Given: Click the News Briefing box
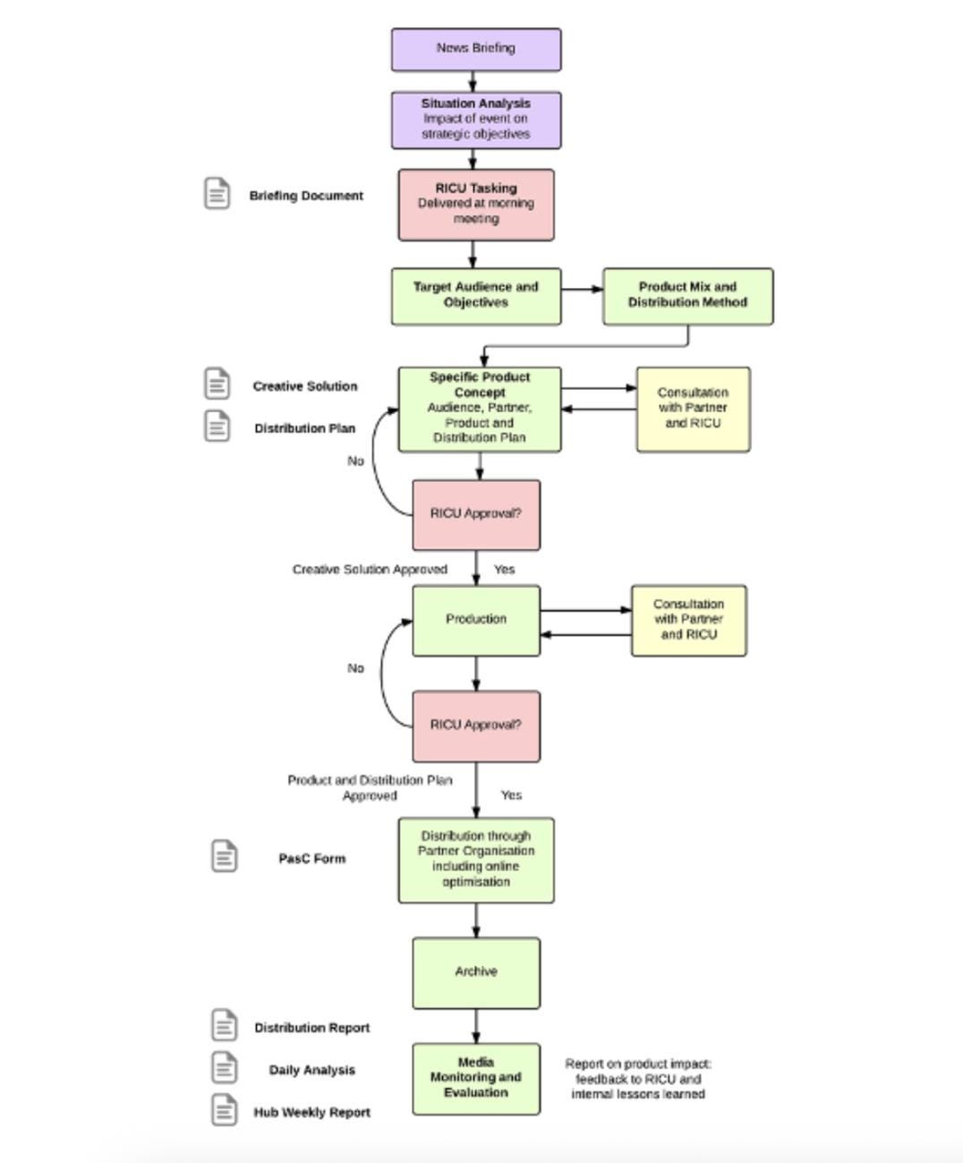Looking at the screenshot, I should click(476, 49).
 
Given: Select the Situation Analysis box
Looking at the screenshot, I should click(476, 119).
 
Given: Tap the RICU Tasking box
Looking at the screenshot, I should click(476, 204).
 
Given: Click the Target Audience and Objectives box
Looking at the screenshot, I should click(476, 295).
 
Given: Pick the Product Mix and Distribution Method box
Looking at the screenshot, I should click(687, 295).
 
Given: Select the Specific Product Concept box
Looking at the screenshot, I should click(480, 408).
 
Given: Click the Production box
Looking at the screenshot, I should click(476, 620).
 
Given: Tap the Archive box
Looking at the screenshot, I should click(476, 972).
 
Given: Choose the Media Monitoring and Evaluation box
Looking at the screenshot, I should click(476, 1078).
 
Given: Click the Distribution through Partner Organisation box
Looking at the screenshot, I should click(476, 859).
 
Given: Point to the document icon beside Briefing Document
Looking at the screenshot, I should click(217, 193).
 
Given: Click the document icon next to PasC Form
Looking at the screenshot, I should click(225, 855).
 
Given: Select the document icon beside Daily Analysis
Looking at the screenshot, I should click(225, 1067).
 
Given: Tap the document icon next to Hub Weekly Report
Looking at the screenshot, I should click(225, 1109).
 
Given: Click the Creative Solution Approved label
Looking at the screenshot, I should click(370, 569).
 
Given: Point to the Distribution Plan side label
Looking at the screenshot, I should click(304, 429).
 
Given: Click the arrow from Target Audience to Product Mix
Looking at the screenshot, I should click(582, 288).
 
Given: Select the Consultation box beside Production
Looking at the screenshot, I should click(688, 620).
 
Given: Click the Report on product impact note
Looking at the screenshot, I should click(638, 1078).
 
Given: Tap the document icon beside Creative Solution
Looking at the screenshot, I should click(217, 383).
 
